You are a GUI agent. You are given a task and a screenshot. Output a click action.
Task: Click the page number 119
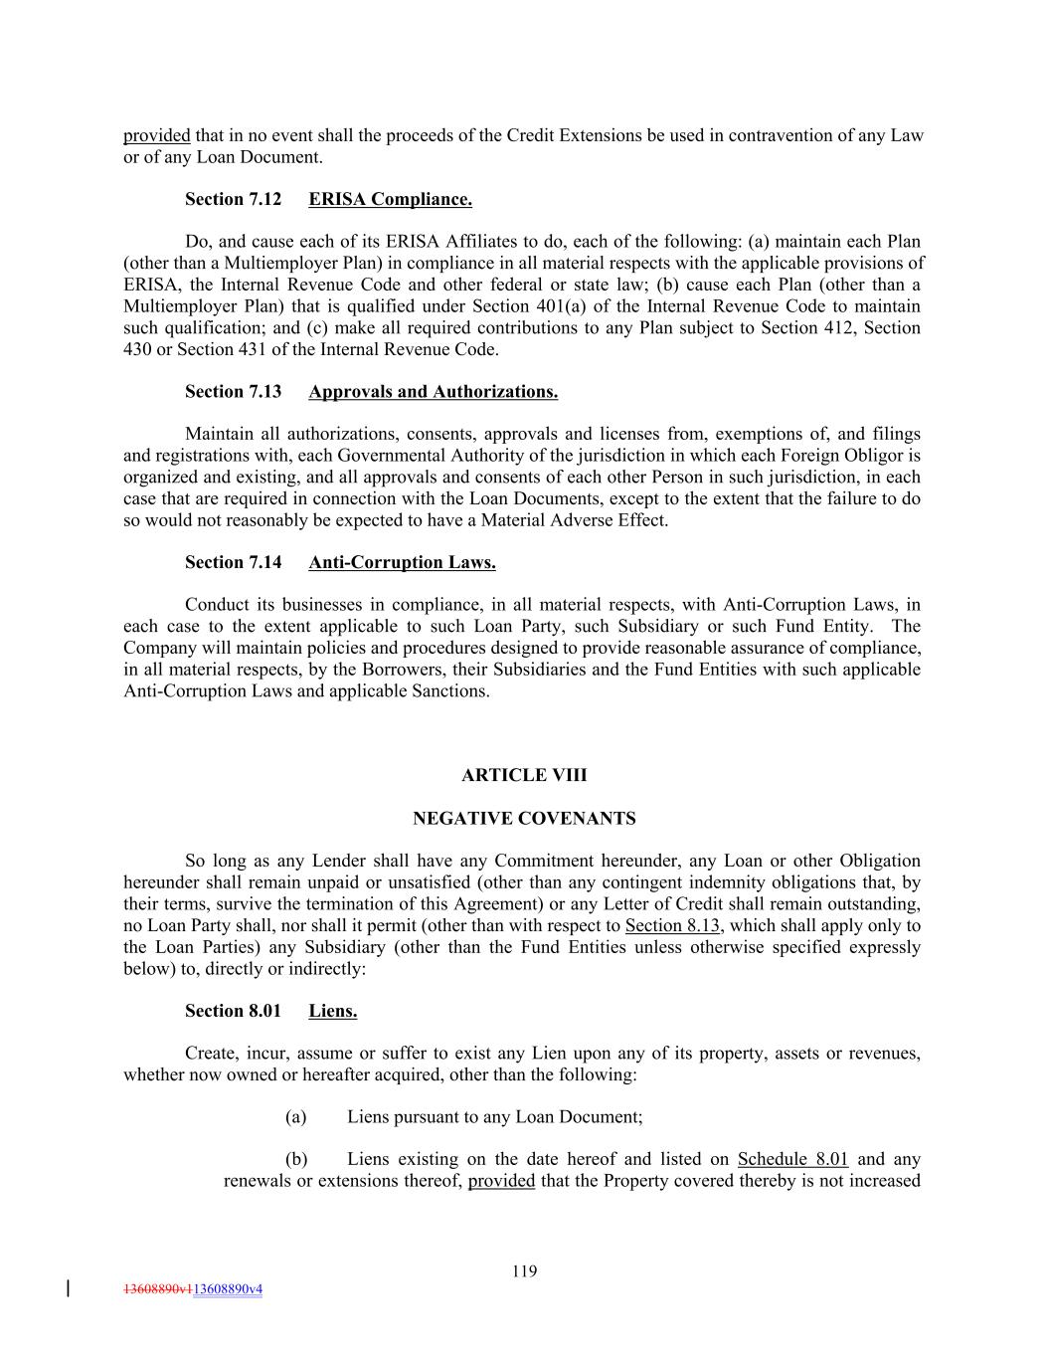coord(524,1270)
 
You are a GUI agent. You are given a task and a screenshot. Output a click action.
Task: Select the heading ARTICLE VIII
coord(524,775)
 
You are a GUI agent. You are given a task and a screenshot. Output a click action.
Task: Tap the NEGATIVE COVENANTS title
coord(524,819)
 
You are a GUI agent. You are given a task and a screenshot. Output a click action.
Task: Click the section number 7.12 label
coord(233,199)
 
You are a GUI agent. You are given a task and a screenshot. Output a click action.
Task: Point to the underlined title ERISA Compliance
coord(390,199)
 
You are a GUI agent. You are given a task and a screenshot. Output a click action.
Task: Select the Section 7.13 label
coord(233,391)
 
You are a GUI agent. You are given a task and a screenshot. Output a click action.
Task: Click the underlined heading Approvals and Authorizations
coord(433,391)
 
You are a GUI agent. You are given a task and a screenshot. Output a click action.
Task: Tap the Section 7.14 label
coord(233,562)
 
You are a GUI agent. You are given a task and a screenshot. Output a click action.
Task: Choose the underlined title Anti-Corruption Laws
coord(402,562)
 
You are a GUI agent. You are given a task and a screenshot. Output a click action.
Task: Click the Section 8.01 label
coord(233,1011)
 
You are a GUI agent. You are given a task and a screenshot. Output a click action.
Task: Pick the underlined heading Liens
coord(332,1011)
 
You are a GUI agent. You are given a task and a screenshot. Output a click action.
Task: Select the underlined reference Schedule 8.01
coord(792,1159)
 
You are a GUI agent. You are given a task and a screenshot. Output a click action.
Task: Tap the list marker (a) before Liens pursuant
coord(295,1116)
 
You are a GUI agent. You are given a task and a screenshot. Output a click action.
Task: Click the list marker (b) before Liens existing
coord(296,1159)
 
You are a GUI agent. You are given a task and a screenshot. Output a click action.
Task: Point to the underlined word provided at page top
coord(156,135)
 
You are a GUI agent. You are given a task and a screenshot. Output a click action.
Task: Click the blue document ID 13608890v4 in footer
coord(228,1289)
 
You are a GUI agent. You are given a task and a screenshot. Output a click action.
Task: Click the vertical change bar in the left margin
coord(68,1288)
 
